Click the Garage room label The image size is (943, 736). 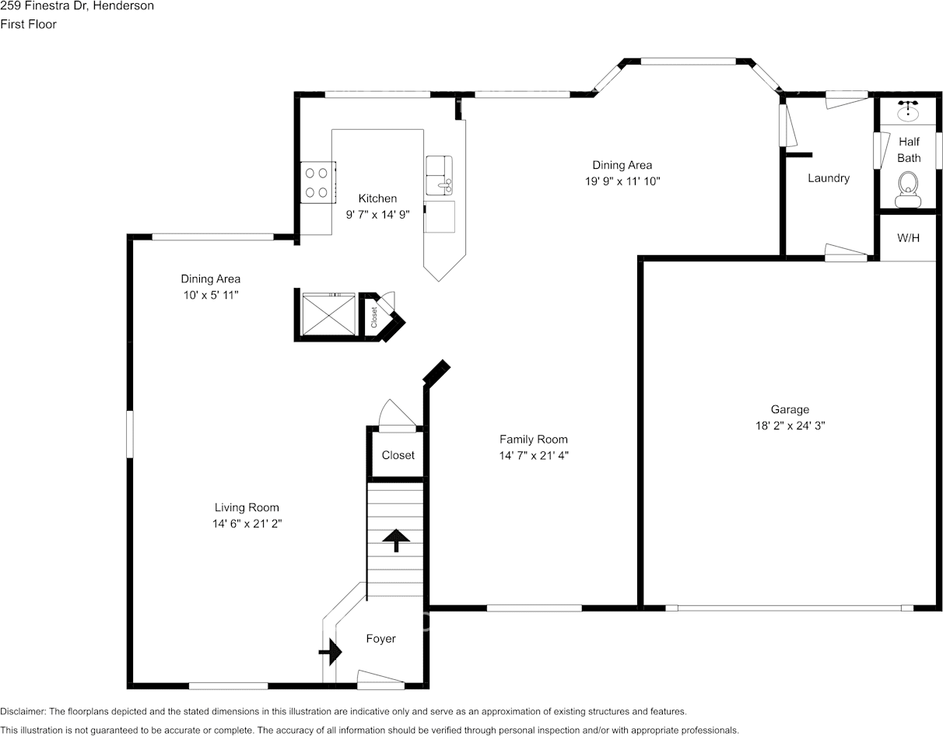(x=790, y=409)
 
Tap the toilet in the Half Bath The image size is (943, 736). (x=907, y=189)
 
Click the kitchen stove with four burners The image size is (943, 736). (x=317, y=182)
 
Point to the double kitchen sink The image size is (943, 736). (x=440, y=176)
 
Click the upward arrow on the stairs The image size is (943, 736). (x=396, y=540)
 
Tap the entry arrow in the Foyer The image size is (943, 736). (x=331, y=652)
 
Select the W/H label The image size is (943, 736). (x=908, y=237)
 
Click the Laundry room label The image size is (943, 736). (x=828, y=178)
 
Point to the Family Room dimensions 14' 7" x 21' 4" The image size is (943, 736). (x=534, y=456)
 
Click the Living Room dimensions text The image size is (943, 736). (x=247, y=524)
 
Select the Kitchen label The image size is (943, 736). (x=377, y=198)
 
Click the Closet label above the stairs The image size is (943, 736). (x=398, y=455)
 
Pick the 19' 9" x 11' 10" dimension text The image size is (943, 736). (x=622, y=181)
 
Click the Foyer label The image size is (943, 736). (x=380, y=639)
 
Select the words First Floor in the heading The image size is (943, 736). (x=29, y=24)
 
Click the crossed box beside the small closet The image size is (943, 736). (x=328, y=314)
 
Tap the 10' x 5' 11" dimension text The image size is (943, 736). (x=210, y=296)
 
